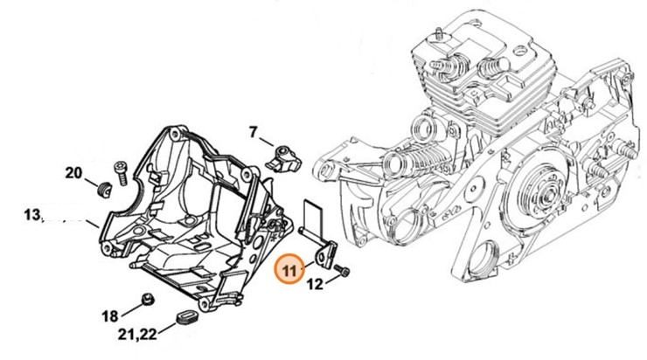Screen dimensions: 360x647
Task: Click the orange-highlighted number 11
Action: pos(289,269)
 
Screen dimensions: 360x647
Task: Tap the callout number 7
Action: pos(253,133)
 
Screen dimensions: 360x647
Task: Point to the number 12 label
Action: pos(313,282)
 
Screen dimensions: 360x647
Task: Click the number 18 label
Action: pos(109,315)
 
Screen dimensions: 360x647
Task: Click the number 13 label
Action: pos(33,215)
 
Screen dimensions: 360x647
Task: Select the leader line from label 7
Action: pos(267,142)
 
